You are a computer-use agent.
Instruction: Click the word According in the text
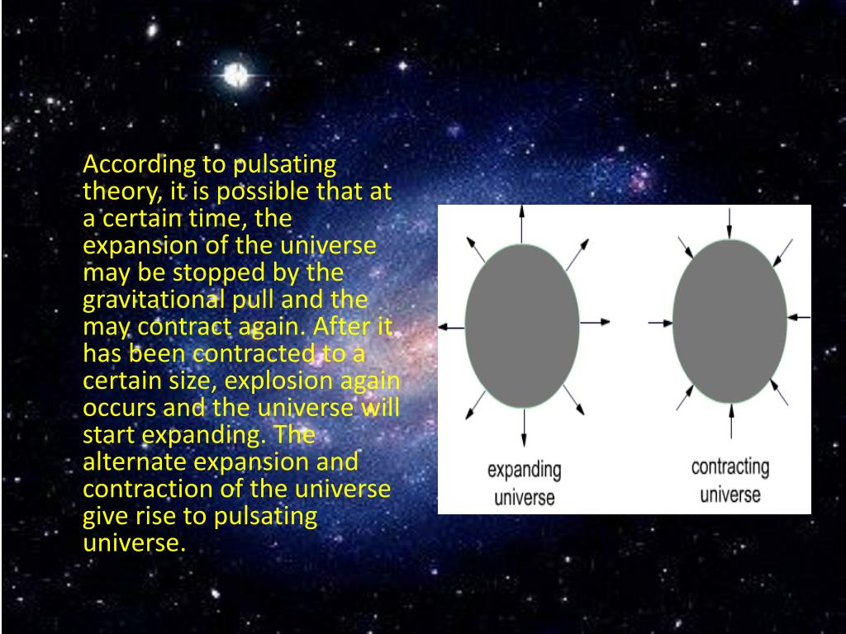point(139,165)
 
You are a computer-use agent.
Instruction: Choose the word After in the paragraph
point(337,326)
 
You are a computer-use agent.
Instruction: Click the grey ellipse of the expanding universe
point(522,325)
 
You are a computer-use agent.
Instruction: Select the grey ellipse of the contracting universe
point(730,321)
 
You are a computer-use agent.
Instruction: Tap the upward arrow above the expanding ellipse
point(522,225)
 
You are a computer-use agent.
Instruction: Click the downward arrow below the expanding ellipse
point(523,428)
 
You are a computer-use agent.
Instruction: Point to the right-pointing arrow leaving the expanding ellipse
point(595,323)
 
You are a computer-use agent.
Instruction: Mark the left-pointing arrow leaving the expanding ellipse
point(452,327)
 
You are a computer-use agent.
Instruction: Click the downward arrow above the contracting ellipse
point(730,224)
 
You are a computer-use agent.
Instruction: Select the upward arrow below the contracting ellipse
point(731,421)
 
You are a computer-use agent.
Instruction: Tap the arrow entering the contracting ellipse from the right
point(799,318)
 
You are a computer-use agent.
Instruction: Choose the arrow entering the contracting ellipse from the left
point(660,323)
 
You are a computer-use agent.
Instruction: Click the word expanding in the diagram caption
point(525,471)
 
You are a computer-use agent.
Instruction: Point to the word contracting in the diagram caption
point(730,467)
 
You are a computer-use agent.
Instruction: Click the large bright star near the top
point(236,75)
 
